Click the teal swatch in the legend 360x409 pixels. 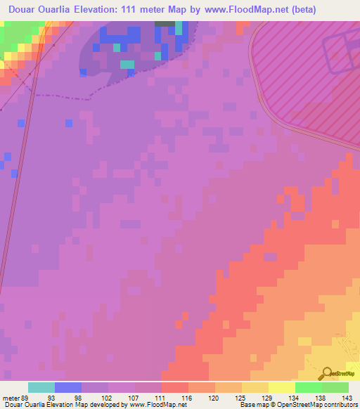click(x=41, y=387)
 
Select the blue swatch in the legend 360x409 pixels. click(x=68, y=387)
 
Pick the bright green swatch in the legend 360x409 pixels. click(x=309, y=387)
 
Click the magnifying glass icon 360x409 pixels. click(x=326, y=372)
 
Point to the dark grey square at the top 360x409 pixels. click(x=165, y=23)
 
